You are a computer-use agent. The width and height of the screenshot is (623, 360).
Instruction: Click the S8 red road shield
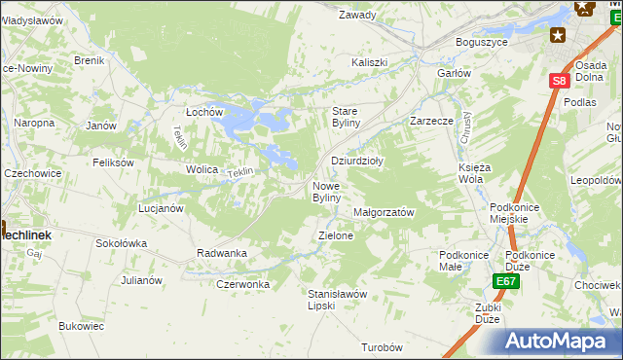(x=557, y=83)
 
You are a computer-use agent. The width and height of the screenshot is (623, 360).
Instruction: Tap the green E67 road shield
(x=504, y=281)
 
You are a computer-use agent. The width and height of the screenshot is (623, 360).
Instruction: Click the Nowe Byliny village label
(x=326, y=192)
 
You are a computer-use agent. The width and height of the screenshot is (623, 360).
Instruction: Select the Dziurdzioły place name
(x=357, y=162)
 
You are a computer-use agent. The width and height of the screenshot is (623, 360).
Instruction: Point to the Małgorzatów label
(x=384, y=212)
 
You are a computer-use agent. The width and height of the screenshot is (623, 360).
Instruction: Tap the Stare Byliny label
(x=347, y=117)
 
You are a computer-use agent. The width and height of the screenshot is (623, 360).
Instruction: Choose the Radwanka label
(x=222, y=253)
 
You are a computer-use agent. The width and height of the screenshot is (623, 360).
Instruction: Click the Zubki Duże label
(x=488, y=312)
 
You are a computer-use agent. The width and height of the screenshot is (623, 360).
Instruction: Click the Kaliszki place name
(x=370, y=62)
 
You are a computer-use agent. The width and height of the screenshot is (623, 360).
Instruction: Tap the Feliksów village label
(x=113, y=162)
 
